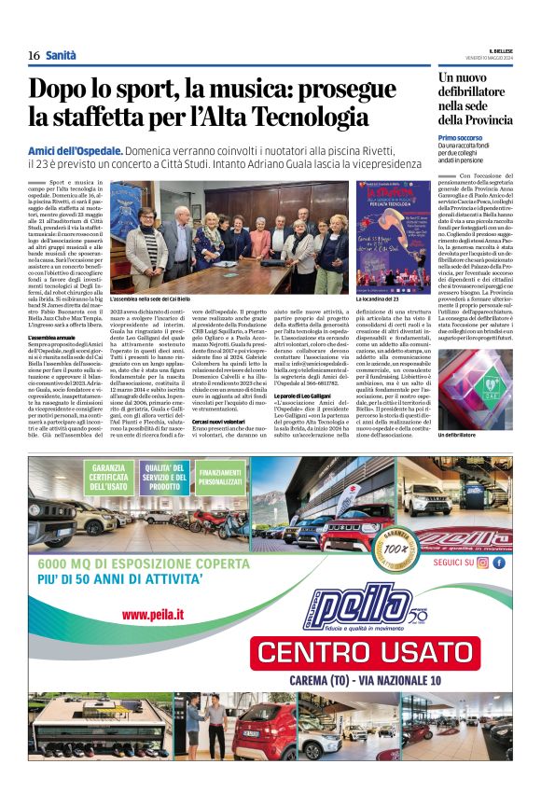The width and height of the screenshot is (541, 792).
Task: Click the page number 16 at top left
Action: tap(34, 56)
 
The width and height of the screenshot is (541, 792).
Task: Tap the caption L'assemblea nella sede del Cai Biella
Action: tap(150, 299)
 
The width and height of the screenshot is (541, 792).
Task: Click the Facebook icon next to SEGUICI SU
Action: tap(499, 563)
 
